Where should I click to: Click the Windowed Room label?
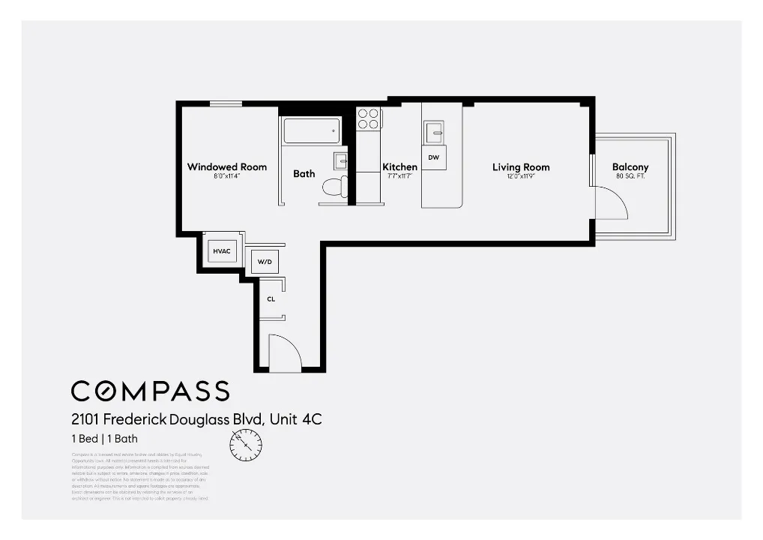click(226, 167)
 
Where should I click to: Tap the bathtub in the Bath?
click(312, 130)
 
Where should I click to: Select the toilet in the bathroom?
click(333, 187)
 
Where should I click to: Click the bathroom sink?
click(340, 160)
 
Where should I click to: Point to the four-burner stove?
click(368, 119)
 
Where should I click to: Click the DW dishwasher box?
click(434, 157)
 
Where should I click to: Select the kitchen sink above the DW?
click(435, 133)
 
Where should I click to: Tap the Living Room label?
click(521, 167)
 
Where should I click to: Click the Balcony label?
click(630, 167)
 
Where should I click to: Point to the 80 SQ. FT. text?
click(630, 176)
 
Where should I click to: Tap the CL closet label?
click(271, 298)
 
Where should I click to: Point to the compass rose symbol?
click(247, 448)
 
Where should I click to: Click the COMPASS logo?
click(150, 391)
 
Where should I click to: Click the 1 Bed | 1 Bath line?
click(104, 439)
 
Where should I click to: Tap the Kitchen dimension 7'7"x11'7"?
click(399, 176)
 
